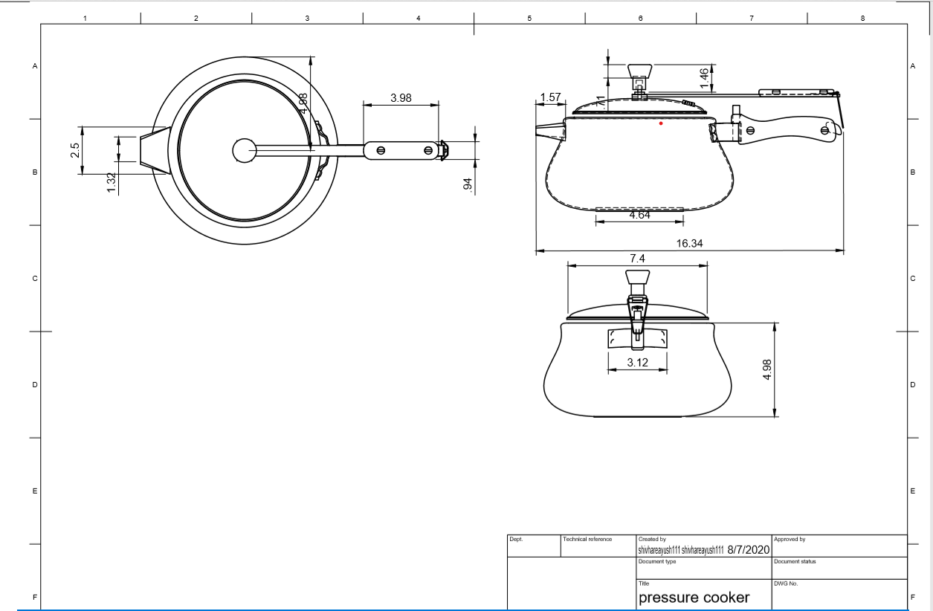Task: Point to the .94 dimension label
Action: point(468,185)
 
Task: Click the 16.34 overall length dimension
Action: point(689,243)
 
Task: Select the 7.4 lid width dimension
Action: point(637,257)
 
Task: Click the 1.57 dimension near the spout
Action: point(550,97)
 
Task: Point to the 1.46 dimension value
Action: point(703,77)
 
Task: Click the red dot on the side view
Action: point(661,123)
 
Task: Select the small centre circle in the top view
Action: point(244,150)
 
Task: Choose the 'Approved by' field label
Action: point(790,538)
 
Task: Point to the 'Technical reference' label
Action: point(588,538)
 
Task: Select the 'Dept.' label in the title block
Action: point(515,538)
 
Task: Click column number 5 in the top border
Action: point(529,17)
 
